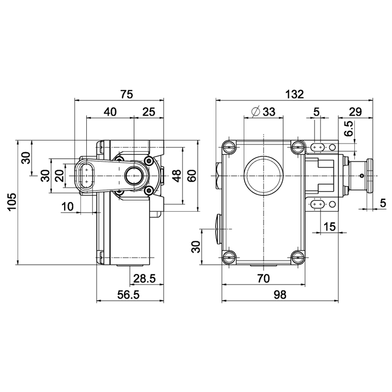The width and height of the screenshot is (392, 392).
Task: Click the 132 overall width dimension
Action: click(x=294, y=94)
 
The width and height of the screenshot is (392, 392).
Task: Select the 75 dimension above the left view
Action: click(x=127, y=94)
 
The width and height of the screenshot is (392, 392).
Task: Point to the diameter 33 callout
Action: click(x=264, y=112)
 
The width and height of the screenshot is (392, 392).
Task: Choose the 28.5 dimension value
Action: click(x=145, y=278)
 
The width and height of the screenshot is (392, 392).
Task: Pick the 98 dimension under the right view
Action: click(x=280, y=295)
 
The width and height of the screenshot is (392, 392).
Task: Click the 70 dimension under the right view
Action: click(x=264, y=278)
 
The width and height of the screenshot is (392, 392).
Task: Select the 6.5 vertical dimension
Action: click(x=348, y=128)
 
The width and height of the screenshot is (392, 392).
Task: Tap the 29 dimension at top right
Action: click(x=355, y=112)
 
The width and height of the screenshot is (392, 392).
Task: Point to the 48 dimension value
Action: click(x=176, y=176)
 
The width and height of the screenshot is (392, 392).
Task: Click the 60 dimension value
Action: click(x=192, y=176)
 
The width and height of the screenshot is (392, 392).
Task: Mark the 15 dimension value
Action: click(x=329, y=227)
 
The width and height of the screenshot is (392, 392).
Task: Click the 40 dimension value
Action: click(x=110, y=112)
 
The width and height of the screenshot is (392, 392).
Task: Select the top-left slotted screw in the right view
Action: click(x=229, y=147)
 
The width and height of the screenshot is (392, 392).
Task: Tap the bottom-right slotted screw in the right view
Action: click(x=298, y=257)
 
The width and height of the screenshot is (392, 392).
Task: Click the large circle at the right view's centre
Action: click(x=264, y=176)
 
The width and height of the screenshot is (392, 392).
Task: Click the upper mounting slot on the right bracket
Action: click(x=318, y=147)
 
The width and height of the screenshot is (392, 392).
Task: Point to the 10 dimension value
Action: click(x=68, y=207)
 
